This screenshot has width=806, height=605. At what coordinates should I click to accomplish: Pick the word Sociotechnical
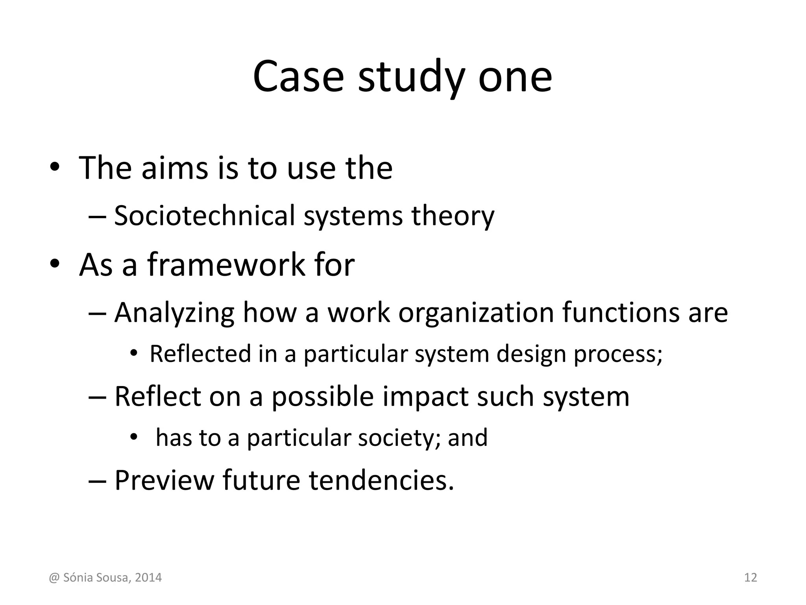[x=204, y=215]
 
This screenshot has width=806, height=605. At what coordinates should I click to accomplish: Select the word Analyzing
[x=174, y=312]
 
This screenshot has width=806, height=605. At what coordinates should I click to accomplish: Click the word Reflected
[x=200, y=353]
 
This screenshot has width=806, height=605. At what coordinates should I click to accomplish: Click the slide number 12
[x=751, y=577]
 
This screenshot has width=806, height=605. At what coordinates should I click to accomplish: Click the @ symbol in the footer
[x=54, y=577]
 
